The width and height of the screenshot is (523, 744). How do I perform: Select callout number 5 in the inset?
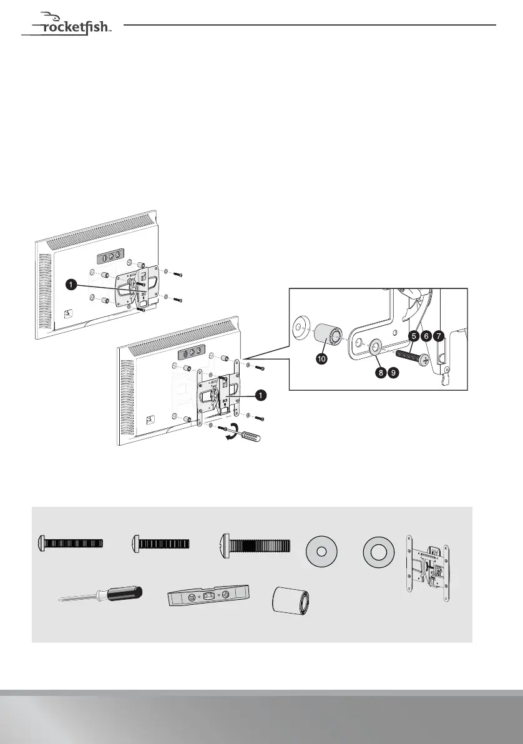pos(413,336)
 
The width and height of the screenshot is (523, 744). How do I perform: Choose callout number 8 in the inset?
pos(379,373)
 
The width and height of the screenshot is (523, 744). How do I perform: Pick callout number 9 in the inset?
pos(393,373)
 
